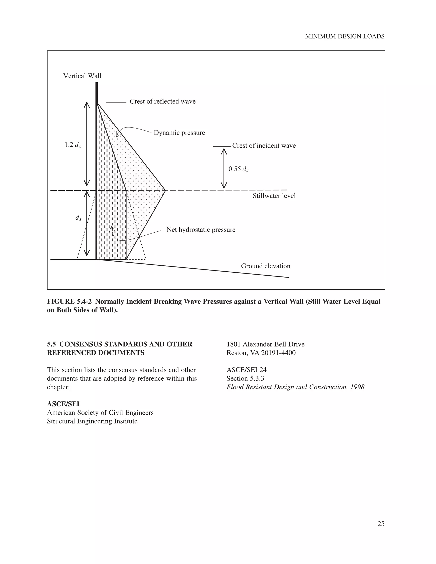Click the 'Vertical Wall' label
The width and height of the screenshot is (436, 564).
[82, 76]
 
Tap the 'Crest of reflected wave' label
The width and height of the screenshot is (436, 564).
[162, 102]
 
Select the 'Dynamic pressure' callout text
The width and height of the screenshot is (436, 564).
[179, 133]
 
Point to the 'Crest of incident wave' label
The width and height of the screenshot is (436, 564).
[264, 146]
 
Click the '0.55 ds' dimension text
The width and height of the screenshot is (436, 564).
[238, 169]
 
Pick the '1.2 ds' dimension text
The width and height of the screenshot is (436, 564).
[73, 145]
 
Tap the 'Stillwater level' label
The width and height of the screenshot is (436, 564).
[274, 196]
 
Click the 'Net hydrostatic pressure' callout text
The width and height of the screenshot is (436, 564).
[201, 230]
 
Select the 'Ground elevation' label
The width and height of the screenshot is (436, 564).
[265, 266]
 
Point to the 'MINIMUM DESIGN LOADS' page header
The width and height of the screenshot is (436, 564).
[345, 37]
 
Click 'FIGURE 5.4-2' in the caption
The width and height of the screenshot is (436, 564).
[69, 302]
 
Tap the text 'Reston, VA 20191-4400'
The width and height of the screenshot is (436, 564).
[261, 353]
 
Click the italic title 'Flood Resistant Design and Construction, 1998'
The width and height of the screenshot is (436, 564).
[295, 387]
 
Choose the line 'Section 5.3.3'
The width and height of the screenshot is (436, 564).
[245, 379]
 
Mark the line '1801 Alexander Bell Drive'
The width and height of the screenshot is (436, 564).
[265, 344]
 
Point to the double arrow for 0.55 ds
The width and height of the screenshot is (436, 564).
[224, 168]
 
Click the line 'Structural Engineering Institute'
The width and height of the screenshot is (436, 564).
[92, 421]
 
